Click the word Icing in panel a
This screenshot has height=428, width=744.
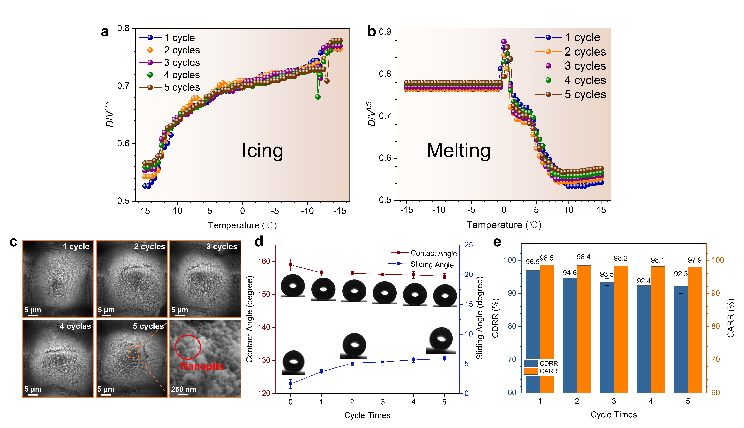[262, 150]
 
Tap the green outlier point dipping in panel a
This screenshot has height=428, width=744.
[317, 97]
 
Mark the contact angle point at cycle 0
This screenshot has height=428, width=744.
[290, 265]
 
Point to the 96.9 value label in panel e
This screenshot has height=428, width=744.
[532, 262]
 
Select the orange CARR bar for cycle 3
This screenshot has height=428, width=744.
[621, 329]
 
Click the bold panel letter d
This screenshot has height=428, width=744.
[259, 242]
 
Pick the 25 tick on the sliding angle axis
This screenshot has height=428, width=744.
[469, 245]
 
